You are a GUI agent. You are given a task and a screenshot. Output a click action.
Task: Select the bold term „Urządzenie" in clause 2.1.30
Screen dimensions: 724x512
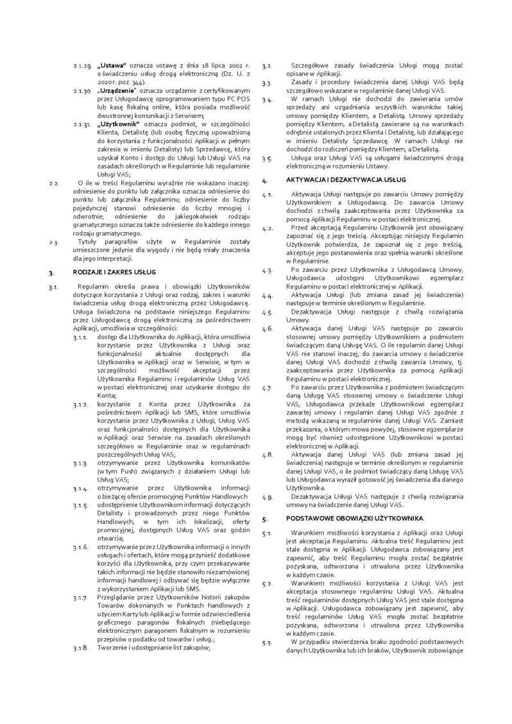(115, 90)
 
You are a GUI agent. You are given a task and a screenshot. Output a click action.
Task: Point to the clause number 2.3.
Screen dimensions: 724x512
(54, 241)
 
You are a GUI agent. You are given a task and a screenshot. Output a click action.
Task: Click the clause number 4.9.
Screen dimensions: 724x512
(268, 496)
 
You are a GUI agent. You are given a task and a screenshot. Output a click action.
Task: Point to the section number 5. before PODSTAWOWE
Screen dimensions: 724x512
(266, 517)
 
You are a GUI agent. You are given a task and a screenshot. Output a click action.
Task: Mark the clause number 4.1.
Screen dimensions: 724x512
(268, 194)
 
